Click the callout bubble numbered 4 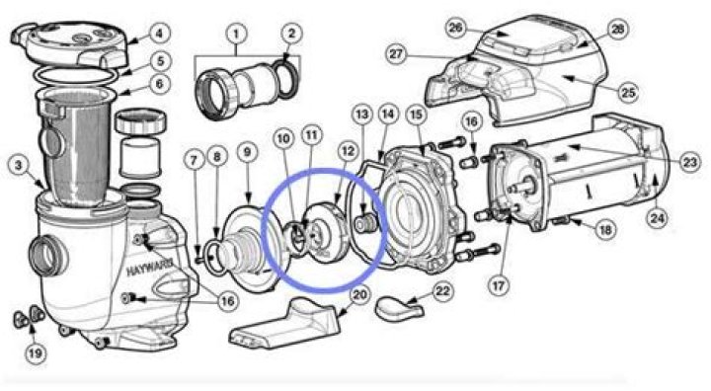[159, 34]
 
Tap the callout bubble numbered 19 [35, 352]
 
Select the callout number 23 [689, 162]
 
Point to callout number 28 [617, 30]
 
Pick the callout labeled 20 [359, 295]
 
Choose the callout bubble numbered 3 [19, 165]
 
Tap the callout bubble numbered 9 [247, 152]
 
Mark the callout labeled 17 [499, 285]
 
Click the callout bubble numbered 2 [291, 34]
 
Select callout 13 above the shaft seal [361, 115]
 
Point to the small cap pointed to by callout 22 [399, 308]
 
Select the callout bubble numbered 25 [628, 93]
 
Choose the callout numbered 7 [195, 160]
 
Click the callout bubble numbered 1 [236, 34]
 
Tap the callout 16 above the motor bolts [471, 121]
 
